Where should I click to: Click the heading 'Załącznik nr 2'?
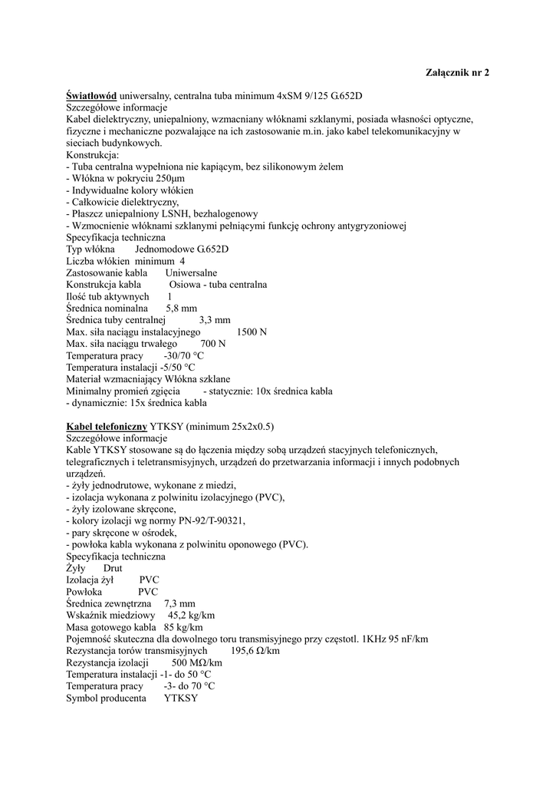tap(457, 72)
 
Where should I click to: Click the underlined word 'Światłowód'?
tap(91, 96)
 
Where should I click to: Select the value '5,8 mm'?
tap(182, 309)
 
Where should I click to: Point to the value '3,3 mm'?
tap(215, 320)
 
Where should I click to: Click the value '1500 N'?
tap(252, 332)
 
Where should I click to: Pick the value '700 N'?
tap(212, 344)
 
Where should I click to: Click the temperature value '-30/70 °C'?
tap(184, 356)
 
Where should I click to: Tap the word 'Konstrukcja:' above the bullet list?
tap(93, 155)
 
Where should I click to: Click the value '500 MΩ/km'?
tap(197, 662)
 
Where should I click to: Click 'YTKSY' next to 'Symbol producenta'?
tap(180, 698)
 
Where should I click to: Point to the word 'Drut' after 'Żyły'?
tap(113, 568)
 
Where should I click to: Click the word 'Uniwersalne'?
tap(191, 273)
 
